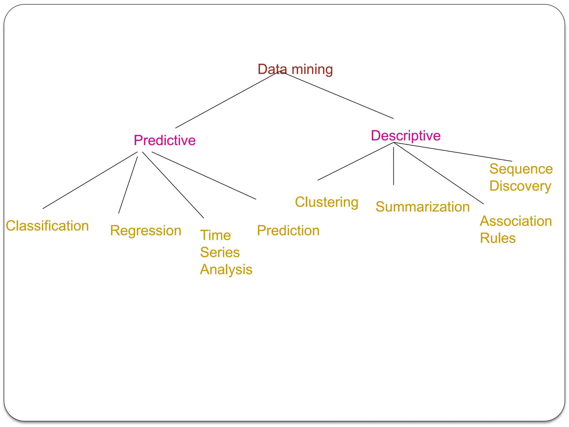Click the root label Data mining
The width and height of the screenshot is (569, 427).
295,69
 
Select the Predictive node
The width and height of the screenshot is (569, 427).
164,140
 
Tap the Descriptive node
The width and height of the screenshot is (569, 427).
406,136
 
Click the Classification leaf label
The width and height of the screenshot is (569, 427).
47,225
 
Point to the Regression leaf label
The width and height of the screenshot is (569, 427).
146,230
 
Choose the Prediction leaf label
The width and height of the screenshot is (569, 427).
288,230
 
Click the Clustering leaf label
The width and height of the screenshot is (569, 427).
326,202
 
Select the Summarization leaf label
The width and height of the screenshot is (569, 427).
422,207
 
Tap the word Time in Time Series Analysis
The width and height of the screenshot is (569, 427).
215,235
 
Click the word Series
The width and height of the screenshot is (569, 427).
220,252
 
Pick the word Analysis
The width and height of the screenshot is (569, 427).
226,269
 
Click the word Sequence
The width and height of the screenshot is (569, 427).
521,169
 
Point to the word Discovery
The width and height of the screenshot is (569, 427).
520,186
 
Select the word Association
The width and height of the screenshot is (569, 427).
516,221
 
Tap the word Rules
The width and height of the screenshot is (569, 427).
498,238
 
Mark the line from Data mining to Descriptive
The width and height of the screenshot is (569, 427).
338,95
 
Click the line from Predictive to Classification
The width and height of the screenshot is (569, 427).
90,180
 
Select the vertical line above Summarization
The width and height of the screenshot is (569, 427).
393,166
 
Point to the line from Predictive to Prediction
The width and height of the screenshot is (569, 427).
204,175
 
